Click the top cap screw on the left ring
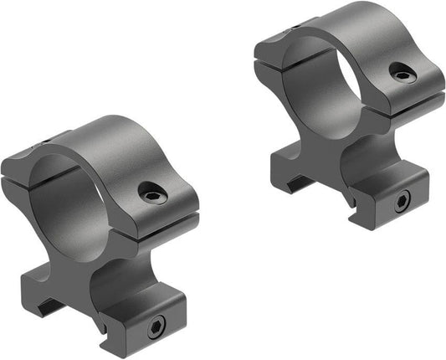tap(152, 193)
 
